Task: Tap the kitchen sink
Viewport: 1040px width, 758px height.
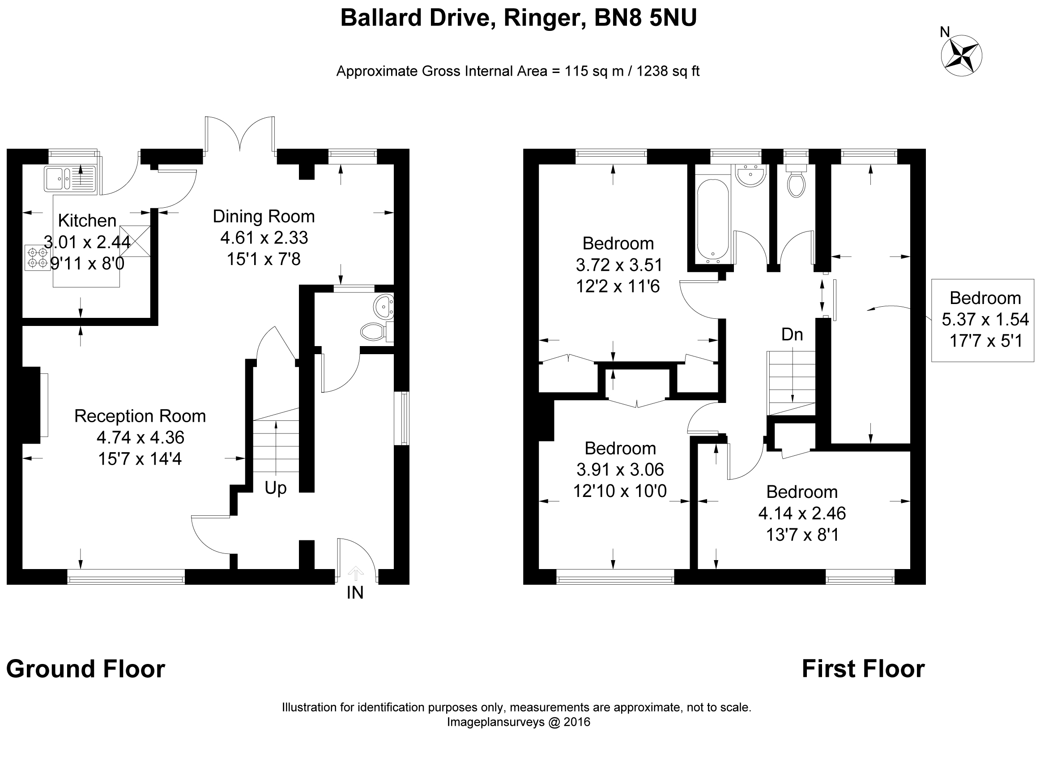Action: pyautogui.click(x=69, y=179)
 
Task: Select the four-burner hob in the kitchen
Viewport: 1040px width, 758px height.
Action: pyautogui.click(x=38, y=257)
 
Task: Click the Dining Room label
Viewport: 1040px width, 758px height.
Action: pyautogui.click(x=264, y=216)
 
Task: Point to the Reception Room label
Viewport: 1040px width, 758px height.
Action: pyautogui.click(x=140, y=416)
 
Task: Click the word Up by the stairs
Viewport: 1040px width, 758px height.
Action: pyautogui.click(x=276, y=488)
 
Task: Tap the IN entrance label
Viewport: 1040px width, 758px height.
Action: pyautogui.click(x=355, y=593)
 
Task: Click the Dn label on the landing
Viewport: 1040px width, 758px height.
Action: pyautogui.click(x=792, y=334)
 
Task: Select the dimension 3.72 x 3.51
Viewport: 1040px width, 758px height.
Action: pyautogui.click(x=618, y=265)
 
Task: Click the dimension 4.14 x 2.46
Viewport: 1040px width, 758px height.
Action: pyautogui.click(x=802, y=513)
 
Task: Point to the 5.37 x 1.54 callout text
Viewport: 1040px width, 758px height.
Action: pyautogui.click(x=985, y=319)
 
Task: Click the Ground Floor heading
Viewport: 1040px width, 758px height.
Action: pyautogui.click(x=86, y=669)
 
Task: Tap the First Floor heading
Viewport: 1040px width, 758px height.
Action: pyautogui.click(x=863, y=669)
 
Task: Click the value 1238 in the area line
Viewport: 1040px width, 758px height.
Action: pyautogui.click(x=650, y=72)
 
